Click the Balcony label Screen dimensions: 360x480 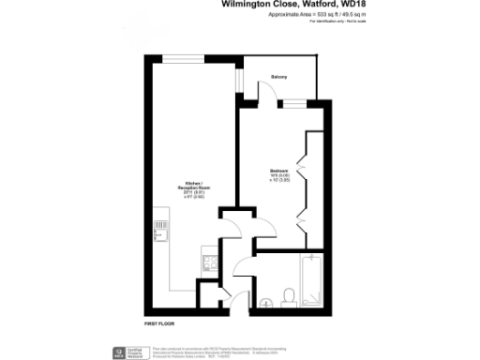tap(279, 76)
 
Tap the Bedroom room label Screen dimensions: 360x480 tap(278, 170)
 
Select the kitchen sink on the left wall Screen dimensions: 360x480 tap(159, 225)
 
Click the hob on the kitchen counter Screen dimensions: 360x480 tap(159, 253)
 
